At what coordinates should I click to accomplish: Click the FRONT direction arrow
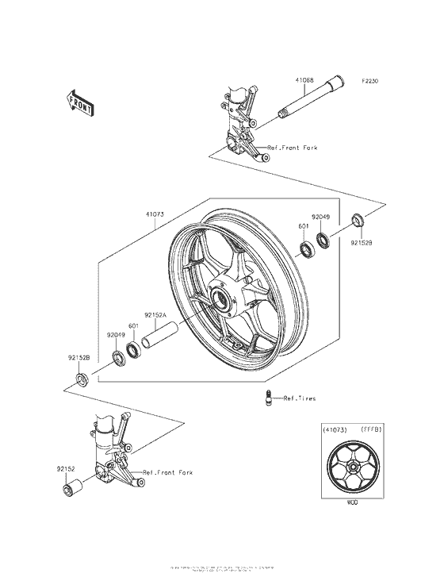[79, 102]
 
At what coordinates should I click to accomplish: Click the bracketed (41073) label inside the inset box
[335, 429]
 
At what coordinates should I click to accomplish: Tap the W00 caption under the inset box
[352, 502]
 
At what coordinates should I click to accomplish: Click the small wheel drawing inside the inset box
[352, 466]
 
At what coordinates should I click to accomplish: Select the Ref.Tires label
[292, 402]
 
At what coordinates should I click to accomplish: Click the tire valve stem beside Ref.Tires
[269, 398]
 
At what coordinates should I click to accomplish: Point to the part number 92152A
[155, 314]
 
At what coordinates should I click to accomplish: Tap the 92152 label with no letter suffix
[65, 469]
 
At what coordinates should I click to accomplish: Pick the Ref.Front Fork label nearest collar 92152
[167, 472]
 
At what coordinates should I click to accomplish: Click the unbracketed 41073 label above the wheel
[155, 214]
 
